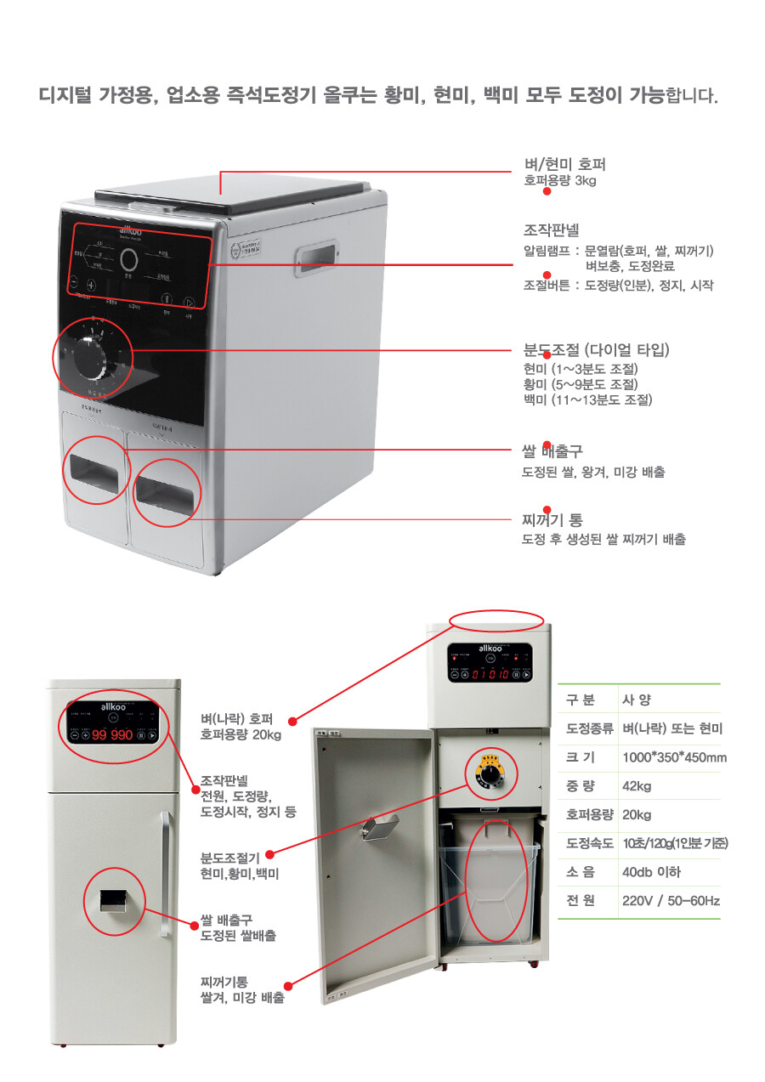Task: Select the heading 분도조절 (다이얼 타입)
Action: pyautogui.click(x=597, y=350)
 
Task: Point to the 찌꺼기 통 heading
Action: pyautogui.click(x=552, y=519)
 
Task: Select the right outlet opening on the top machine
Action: pyautogui.click(x=167, y=491)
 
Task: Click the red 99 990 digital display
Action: pyautogui.click(x=112, y=734)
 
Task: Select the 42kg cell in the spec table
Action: pyautogui.click(x=637, y=785)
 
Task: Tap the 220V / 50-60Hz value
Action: pyautogui.click(x=670, y=901)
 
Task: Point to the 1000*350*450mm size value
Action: pyautogui.click(x=674, y=757)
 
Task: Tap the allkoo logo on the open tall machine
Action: pyautogui.click(x=492, y=648)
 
